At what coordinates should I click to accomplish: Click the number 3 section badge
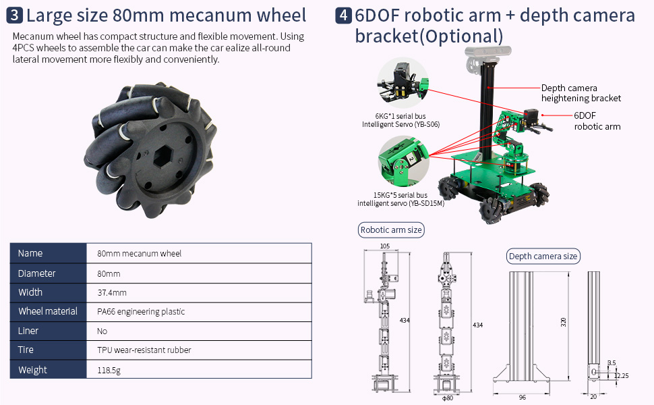(x=16, y=16)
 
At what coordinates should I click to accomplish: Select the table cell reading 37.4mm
(x=112, y=292)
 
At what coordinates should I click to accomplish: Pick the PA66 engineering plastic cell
(x=141, y=311)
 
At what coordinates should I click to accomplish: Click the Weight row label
(x=32, y=369)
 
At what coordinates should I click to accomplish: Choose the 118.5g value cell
(x=109, y=369)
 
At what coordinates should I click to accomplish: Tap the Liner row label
(x=28, y=331)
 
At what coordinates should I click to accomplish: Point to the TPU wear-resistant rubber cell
(x=144, y=350)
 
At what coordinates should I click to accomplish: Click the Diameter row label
(x=36, y=273)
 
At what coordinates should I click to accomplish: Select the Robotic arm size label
(x=391, y=230)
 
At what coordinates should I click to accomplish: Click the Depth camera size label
(x=543, y=256)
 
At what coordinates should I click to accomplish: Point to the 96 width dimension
(x=523, y=398)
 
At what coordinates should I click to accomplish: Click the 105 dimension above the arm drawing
(x=385, y=246)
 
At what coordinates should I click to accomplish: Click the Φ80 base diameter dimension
(x=448, y=398)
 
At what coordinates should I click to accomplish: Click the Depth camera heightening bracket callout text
(x=580, y=93)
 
